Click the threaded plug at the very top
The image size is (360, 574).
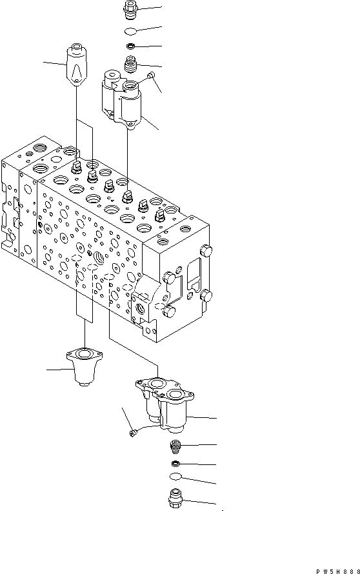[x=130, y=10]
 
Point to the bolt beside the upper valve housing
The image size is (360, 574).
[x=152, y=77]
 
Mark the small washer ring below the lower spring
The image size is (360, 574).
[x=175, y=464]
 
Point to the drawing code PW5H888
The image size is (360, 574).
[x=337, y=571]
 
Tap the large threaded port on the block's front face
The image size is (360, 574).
[x=101, y=258]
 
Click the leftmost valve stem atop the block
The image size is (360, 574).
[x=75, y=168]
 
